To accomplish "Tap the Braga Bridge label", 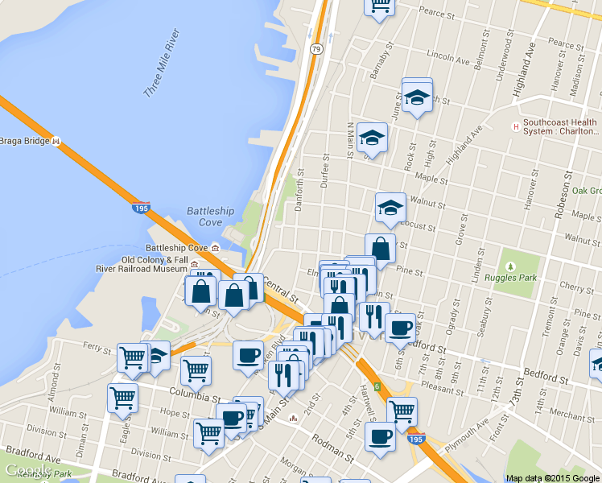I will point(25,141).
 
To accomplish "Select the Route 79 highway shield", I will point(317,50).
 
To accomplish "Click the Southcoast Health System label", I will point(561,127).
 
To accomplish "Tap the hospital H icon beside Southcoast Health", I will point(516,126).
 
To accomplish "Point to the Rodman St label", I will point(332,445).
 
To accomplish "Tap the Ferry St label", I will point(97,348).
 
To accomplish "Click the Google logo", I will point(27,470).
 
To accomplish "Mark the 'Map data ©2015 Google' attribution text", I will point(553,478).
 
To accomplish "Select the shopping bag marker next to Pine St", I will point(381,249).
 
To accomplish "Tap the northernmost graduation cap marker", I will point(417,97).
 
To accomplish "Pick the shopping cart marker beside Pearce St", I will point(379,6).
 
